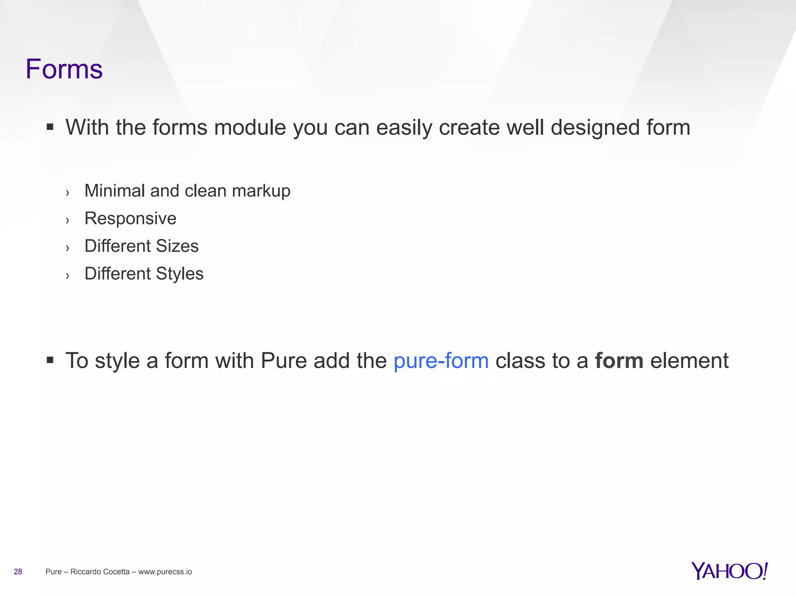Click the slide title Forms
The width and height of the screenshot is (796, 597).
pyautogui.click(x=64, y=69)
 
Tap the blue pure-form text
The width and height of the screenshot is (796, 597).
pyautogui.click(x=441, y=361)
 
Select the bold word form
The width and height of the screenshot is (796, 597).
pyautogui.click(x=619, y=361)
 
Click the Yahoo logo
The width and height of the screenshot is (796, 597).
pyautogui.click(x=729, y=571)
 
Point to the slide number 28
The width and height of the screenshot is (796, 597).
pyautogui.click(x=18, y=572)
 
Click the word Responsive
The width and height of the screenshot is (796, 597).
pyautogui.click(x=130, y=218)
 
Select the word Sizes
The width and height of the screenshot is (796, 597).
pyautogui.click(x=177, y=246)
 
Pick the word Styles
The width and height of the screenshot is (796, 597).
pyautogui.click(x=180, y=274)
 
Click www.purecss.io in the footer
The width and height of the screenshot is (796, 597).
pyautogui.click(x=165, y=572)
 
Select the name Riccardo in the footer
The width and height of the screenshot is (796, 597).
pyautogui.click(x=85, y=572)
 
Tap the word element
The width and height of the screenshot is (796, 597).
pyautogui.click(x=689, y=361)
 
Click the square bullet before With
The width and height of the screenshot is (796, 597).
pyautogui.click(x=50, y=127)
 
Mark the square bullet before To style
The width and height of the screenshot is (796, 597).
pyautogui.click(x=50, y=360)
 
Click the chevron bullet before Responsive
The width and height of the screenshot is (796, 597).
pyautogui.click(x=68, y=220)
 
